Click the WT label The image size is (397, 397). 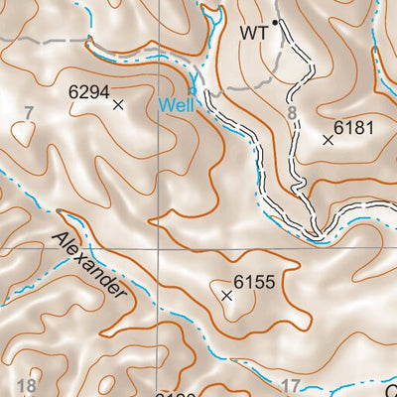point(254,33)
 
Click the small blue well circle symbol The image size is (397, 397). point(192,90)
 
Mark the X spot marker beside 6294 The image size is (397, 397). point(118,103)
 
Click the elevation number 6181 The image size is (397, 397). point(353,127)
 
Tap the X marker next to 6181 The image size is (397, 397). point(329,140)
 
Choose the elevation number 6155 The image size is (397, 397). point(253,282)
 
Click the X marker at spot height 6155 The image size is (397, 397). point(226,296)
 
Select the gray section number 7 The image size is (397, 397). point(30,111)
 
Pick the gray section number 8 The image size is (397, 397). point(292,115)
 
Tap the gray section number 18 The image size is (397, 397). point(28,386)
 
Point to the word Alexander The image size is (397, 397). point(90,265)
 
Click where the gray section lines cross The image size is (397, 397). point(154,248)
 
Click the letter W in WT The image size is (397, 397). point(247,33)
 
